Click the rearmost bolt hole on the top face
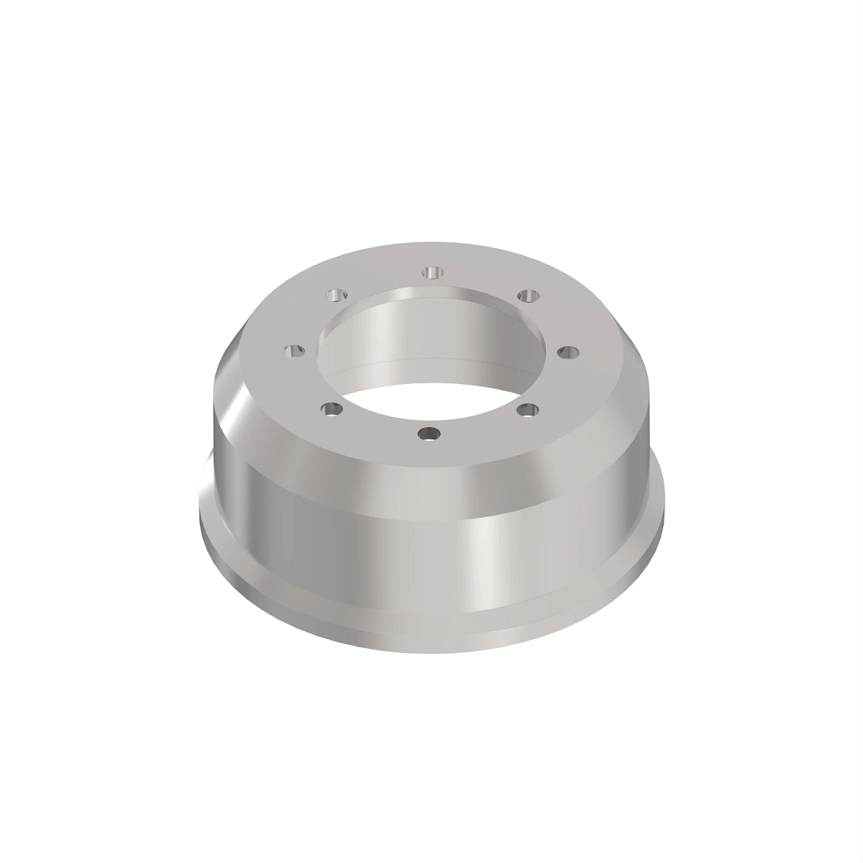431,272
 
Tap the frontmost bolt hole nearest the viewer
429,434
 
